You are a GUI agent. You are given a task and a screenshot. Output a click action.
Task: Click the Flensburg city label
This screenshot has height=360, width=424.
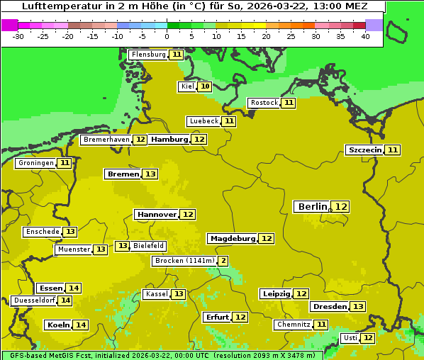tap(148, 55)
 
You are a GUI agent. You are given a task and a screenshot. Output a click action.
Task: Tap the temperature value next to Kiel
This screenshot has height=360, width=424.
tap(205, 86)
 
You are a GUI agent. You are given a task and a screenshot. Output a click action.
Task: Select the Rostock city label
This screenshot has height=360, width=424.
tap(264, 103)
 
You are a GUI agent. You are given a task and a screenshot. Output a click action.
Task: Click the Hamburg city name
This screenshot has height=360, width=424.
tap(169, 140)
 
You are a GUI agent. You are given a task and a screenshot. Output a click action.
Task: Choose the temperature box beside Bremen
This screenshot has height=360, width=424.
tap(150, 174)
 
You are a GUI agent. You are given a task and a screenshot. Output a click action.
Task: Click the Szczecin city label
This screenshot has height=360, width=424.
tap(364, 150)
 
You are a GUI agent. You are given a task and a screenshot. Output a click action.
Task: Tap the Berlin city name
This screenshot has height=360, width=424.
tap(313, 206)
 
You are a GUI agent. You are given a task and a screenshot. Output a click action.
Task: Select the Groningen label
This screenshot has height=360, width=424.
tap(35, 163)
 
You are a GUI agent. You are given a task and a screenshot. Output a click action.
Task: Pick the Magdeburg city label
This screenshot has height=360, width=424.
tap(232, 238)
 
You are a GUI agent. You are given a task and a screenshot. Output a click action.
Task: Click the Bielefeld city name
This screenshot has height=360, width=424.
tap(148, 246)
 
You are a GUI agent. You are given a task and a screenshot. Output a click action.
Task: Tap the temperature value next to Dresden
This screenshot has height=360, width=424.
tap(358, 306)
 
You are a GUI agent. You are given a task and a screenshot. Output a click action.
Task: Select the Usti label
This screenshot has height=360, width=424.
tap(350, 338)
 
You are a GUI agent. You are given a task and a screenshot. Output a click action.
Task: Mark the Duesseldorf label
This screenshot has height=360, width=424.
tap(34, 300)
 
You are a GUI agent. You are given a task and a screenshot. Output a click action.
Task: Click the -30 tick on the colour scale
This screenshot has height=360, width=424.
tap(19, 36)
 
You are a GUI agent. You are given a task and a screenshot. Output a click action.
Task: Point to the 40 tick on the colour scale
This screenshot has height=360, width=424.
tap(365, 36)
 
